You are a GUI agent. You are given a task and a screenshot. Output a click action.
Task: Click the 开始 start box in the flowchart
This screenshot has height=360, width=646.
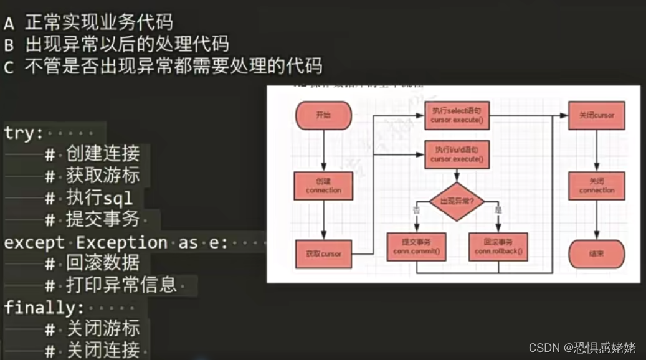323,115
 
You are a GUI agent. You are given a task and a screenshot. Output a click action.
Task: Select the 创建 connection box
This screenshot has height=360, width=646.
323,186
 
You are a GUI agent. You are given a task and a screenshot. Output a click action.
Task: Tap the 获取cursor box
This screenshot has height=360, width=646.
323,254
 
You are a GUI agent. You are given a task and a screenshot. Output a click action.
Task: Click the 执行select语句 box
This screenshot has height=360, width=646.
457,115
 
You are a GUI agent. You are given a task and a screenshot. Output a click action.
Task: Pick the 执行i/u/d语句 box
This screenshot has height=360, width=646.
457,154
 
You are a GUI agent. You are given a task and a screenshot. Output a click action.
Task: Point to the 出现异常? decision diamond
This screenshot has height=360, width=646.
457,201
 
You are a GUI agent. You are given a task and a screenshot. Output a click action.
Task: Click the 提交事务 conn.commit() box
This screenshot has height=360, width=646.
417,247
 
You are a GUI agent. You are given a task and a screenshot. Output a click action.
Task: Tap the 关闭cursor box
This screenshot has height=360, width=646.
597,115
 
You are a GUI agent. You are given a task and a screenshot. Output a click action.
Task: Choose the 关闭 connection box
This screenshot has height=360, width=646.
597,186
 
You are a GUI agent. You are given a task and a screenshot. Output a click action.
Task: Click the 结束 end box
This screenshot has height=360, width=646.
597,254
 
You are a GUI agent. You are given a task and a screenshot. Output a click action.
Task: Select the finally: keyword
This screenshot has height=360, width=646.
44,307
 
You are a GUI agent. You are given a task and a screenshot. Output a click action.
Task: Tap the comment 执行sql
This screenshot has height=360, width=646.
99,198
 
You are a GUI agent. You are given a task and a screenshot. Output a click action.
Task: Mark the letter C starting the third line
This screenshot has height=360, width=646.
9,67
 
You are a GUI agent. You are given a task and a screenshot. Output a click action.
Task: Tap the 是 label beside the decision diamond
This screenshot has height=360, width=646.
498,210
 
